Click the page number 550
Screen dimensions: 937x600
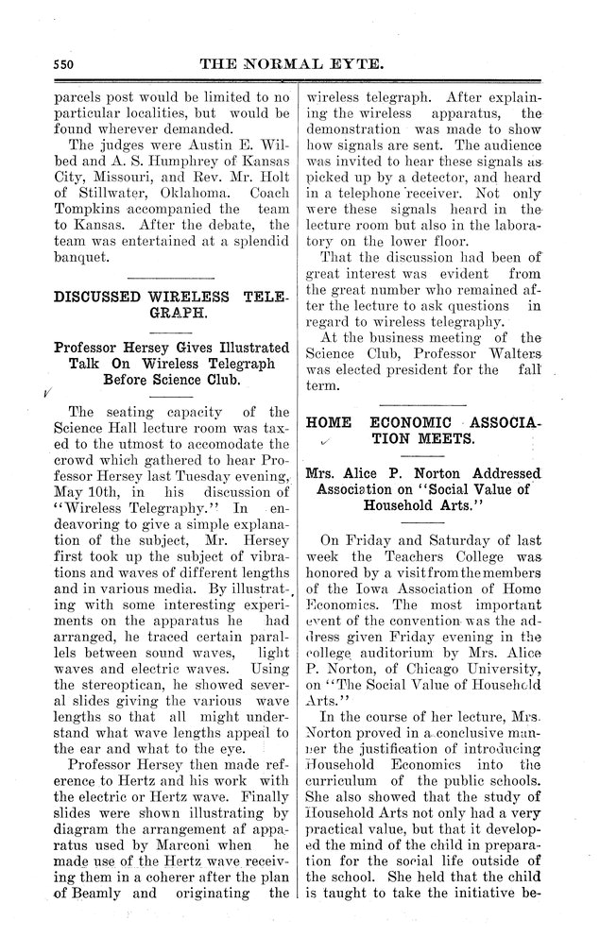pos(62,64)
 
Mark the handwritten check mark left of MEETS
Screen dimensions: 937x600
pos(324,442)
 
